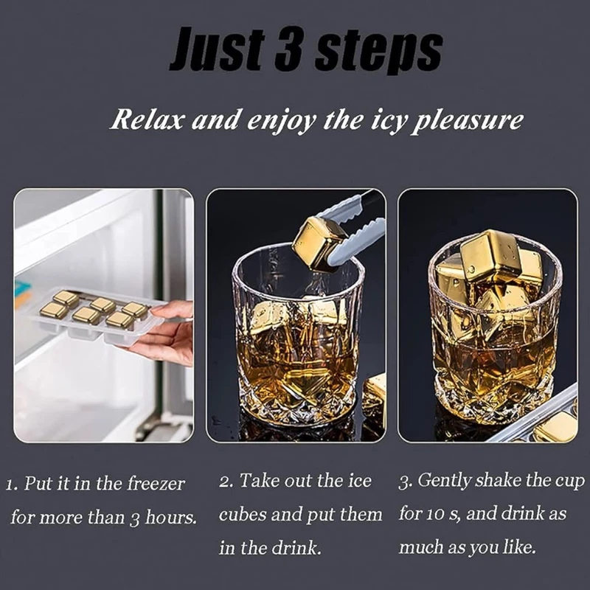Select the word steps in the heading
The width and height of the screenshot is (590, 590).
378,52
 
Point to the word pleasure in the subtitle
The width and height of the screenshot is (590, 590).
467,121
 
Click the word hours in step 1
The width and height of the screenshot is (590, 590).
171,517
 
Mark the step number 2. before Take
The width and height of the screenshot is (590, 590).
227,482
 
